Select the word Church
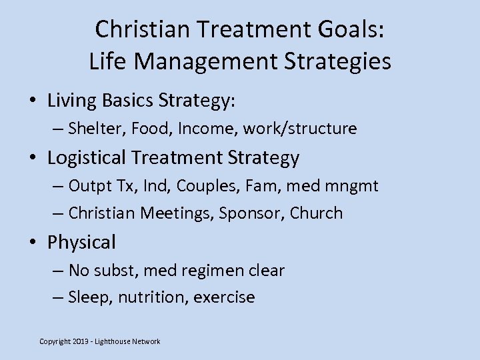tap(319, 213)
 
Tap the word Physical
tap(81, 243)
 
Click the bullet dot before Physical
tap(32, 243)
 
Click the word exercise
tap(224, 297)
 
